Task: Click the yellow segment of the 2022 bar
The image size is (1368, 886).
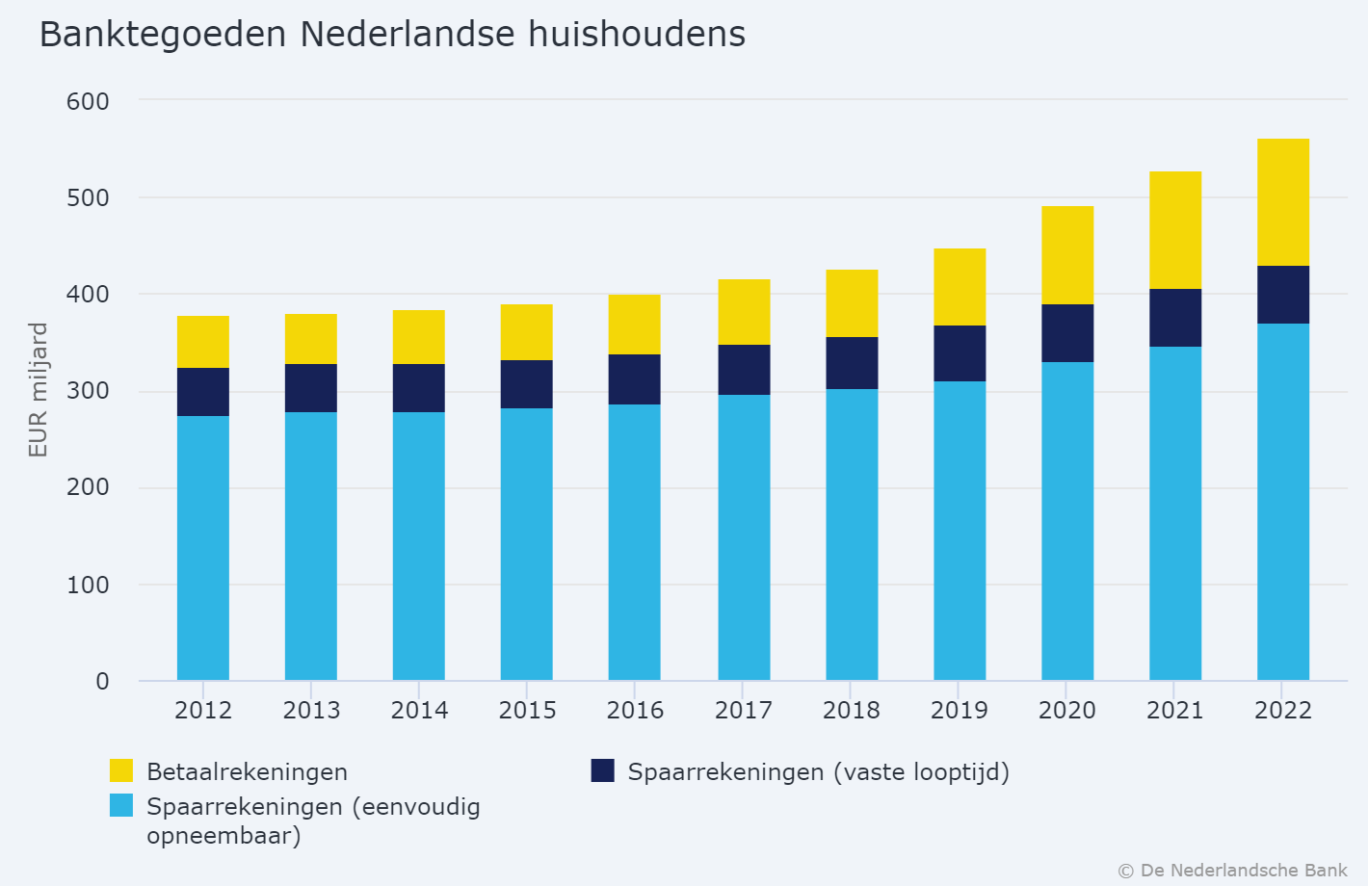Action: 1283,202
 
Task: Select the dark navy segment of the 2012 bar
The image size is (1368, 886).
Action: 203,392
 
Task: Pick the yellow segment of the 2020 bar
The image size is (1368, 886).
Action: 1067,255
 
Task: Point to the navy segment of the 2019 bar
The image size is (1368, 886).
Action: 960,353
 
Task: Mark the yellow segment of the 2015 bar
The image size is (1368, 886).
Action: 527,332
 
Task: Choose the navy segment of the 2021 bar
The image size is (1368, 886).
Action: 1175,318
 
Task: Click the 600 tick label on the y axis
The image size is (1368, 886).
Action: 88,101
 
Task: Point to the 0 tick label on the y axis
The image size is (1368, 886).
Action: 102,682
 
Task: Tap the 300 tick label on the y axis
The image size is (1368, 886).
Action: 88,392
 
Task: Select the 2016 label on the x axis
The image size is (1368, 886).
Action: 635,711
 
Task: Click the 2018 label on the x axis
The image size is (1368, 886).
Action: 851,711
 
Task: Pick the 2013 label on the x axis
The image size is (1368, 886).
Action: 311,711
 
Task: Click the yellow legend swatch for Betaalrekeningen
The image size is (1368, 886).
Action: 121,770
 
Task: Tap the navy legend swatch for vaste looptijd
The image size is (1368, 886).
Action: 602,770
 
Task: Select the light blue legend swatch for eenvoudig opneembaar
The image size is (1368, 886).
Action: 121,805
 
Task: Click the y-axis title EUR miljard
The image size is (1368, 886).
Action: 38,390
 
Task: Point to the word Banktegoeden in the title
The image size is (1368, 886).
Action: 163,35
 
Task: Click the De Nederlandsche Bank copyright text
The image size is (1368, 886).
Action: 1232,871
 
